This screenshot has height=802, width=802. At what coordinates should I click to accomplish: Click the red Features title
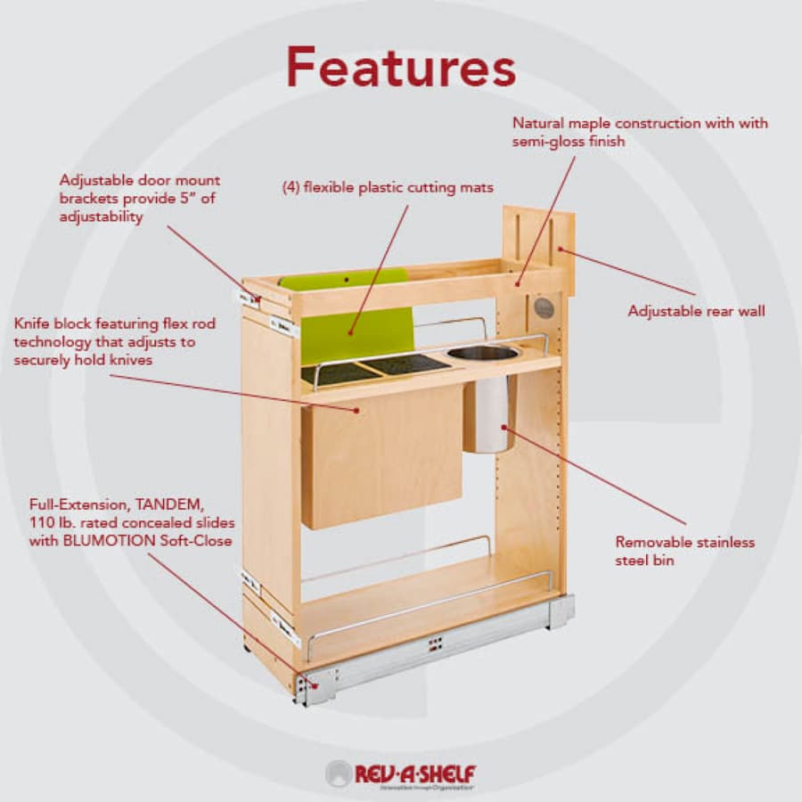coord(401,68)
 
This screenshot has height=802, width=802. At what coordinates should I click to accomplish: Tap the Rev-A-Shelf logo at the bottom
coord(401,773)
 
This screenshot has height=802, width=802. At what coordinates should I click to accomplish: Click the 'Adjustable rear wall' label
coord(696,311)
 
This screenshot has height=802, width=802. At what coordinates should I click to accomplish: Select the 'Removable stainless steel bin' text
coord(685,551)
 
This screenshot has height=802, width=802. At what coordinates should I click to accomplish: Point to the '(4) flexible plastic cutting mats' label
coord(388,188)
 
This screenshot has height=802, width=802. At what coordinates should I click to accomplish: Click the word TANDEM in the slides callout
coord(170,504)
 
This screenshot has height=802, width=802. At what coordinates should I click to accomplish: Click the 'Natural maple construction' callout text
coord(640,132)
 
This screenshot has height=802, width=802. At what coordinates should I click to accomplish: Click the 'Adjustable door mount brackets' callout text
coord(140,199)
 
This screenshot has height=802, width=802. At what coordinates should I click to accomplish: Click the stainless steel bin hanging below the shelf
coord(489,414)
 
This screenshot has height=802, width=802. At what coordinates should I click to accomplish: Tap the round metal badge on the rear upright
coord(544,307)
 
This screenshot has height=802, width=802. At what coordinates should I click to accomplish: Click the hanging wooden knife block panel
coord(381,458)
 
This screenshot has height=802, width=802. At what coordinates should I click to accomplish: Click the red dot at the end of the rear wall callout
coord(561,250)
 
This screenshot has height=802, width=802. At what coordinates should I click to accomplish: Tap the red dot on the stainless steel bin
coord(503,427)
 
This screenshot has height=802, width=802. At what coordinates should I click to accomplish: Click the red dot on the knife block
coord(357,410)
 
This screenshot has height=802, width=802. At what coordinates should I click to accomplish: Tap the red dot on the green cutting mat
coord(350,333)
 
